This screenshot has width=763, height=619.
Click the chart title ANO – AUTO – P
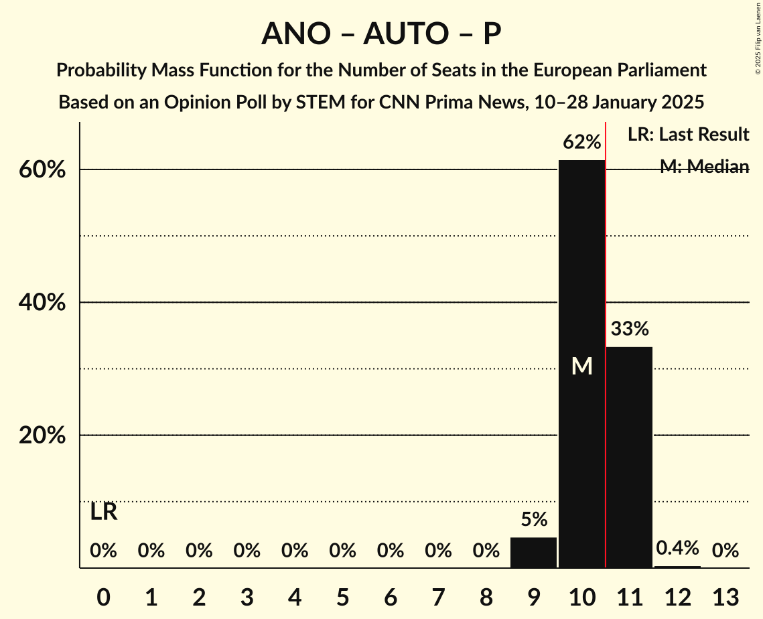pos(381,33)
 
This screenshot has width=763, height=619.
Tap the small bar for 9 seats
pos(533,553)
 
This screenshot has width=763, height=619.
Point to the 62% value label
pos(581,142)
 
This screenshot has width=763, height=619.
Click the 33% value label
pos(629,329)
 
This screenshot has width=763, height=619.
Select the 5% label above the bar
pos(534,519)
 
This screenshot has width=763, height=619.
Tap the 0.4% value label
pos(677,548)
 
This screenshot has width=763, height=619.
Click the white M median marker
pos(581,366)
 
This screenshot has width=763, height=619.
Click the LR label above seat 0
pos(104,512)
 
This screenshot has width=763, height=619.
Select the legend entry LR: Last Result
pos(688,135)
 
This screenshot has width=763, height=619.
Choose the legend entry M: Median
pos(704,167)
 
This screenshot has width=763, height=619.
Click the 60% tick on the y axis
pos(42,170)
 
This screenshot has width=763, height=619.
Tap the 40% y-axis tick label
pos(42,303)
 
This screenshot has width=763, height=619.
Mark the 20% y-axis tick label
pos(42,435)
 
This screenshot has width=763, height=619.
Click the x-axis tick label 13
pos(725,596)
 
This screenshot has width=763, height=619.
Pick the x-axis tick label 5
pos(342,596)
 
